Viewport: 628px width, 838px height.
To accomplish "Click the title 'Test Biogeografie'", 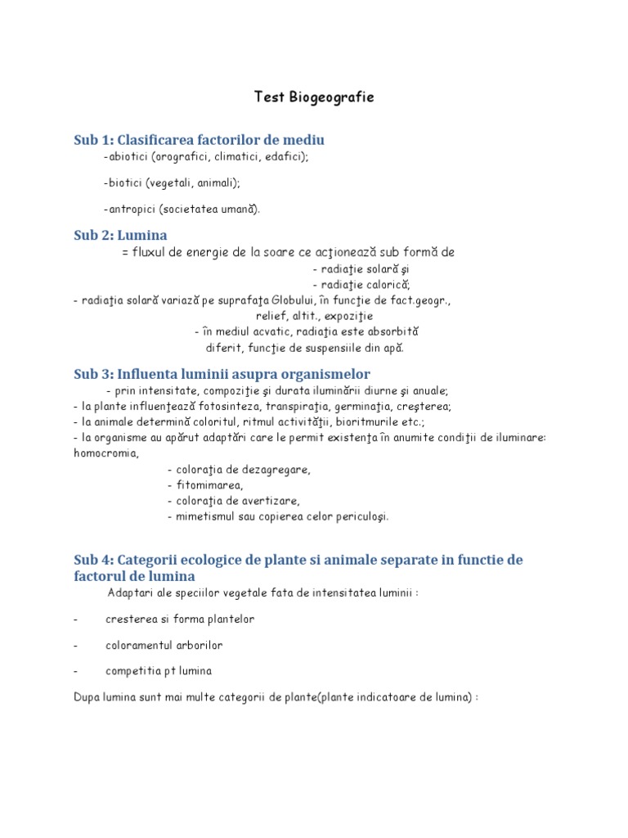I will (x=313, y=97).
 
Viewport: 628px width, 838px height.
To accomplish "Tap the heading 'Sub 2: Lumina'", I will (x=120, y=236).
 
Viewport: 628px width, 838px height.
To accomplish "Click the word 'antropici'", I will (x=130, y=209).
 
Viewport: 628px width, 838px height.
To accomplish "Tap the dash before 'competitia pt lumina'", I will (x=75, y=671).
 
